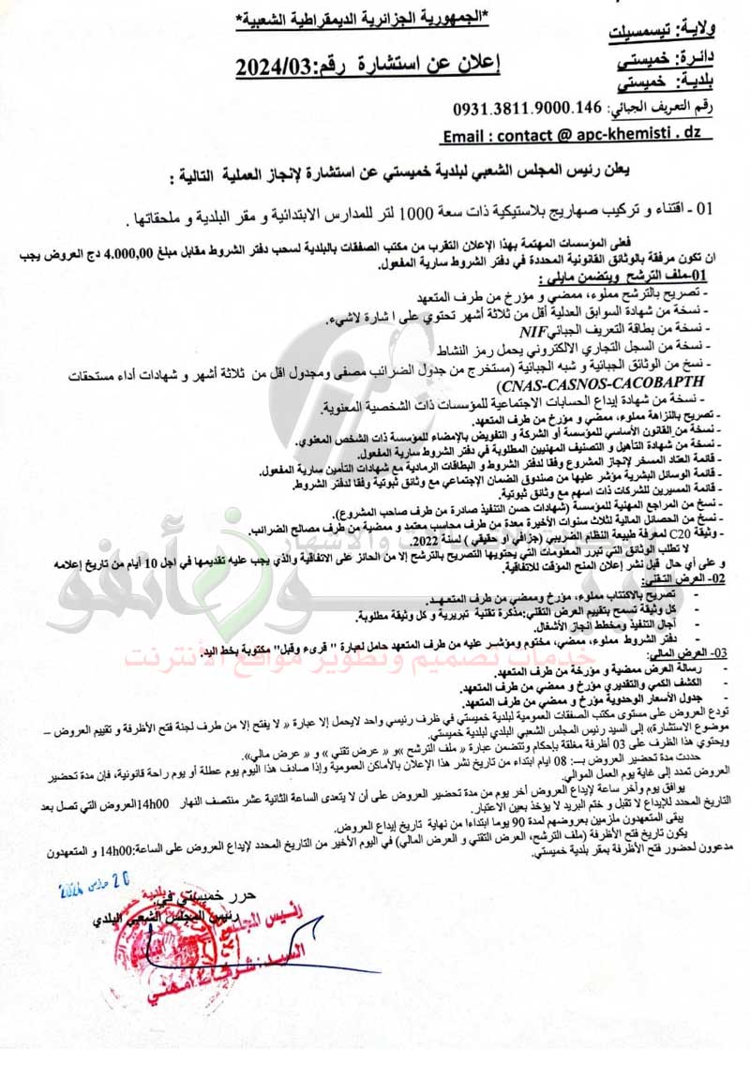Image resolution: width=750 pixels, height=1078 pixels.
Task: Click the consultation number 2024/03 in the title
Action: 277,67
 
